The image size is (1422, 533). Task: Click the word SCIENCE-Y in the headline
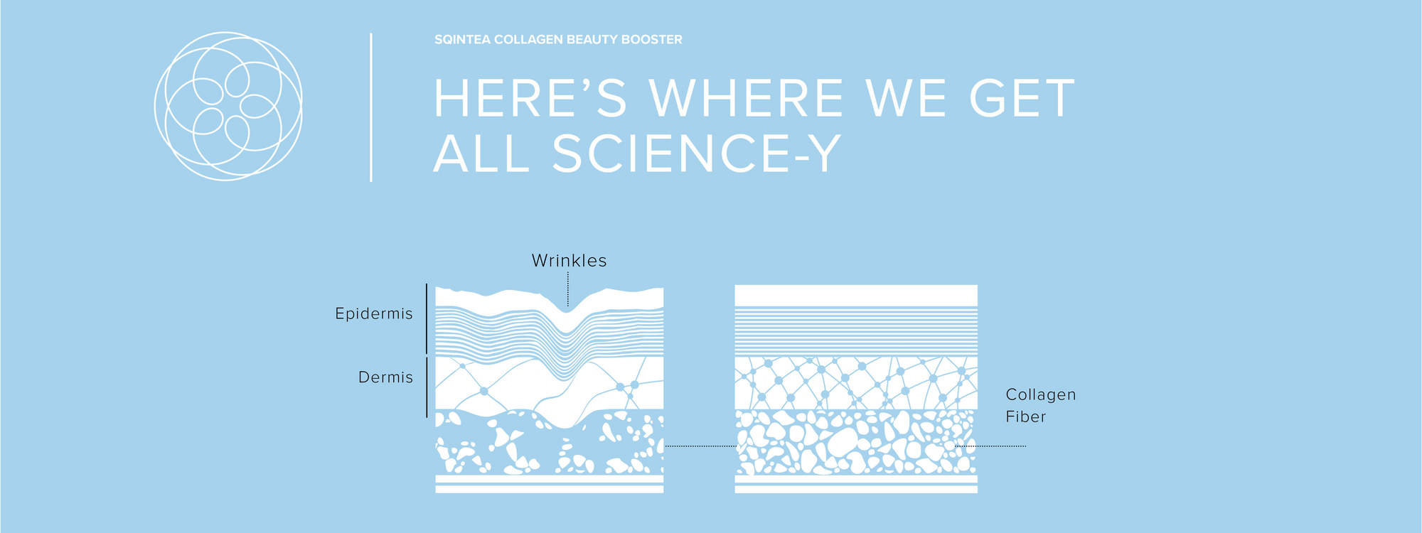pyautogui.click(x=697, y=154)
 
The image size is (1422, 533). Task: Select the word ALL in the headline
pyautogui.click(x=481, y=154)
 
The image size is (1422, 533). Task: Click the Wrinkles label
pyautogui.click(x=570, y=261)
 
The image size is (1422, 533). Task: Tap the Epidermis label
pyautogui.click(x=374, y=314)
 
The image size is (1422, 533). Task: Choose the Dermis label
pyautogui.click(x=385, y=377)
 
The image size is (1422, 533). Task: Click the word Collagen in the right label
pyautogui.click(x=1041, y=395)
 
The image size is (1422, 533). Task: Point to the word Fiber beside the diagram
pyautogui.click(x=1026, y=417)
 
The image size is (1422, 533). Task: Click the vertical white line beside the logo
pyautogui.click(x=371, y=107)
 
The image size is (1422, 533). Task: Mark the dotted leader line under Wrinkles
pyautogui.click(x=568, y=289)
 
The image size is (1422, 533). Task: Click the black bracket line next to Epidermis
pyautogui.click(x=427, y=319)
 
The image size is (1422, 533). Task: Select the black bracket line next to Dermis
pyautogui.click(x=427, y=387)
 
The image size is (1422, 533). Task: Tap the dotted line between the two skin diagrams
pyautogui.click(x=700, y=446)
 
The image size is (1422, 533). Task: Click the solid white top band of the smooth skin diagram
pyautogui.click(x=856, y=296)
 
